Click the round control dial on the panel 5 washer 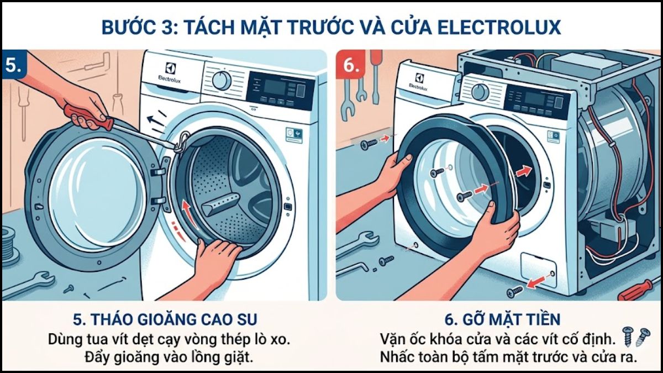222,80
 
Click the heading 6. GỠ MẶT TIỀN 502,319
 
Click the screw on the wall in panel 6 370,144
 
